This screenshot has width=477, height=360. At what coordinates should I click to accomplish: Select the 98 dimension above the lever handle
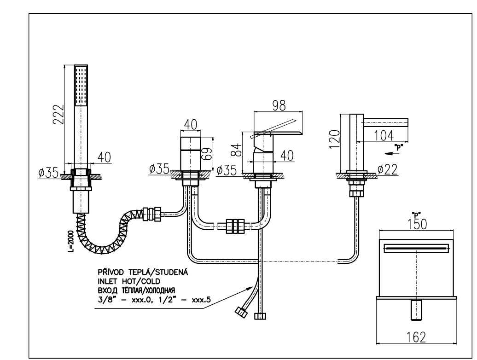click(x=279, y=105)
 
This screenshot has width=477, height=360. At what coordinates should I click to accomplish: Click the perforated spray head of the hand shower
click(x=81, y=85)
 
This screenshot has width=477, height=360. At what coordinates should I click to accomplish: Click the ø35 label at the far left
click(x=48, y=173)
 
